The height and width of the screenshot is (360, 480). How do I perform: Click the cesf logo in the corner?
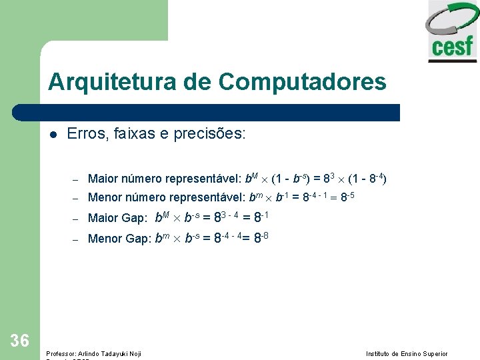pos(453,32)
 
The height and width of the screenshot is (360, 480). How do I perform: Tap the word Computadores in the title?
pos(301,82)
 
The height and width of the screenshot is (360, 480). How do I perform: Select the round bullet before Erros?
pos(53,134)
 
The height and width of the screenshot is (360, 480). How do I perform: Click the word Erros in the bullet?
pos(85,134)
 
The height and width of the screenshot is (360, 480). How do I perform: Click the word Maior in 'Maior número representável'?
pos(101,179)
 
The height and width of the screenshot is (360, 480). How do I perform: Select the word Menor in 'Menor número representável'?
pos(103,197)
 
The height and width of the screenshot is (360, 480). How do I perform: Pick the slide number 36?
pos(20,341)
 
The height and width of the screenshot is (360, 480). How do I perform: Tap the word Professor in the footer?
pos(60,353)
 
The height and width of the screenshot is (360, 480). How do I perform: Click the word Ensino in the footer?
pos(410,353)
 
